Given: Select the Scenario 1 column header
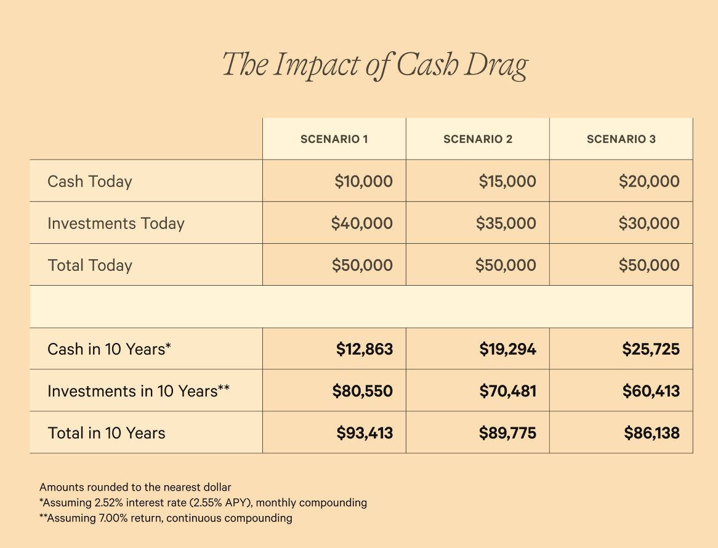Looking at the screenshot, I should (334, 139).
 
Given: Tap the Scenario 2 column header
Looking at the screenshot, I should (478, 139).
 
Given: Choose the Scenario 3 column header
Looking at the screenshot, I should (621, 139).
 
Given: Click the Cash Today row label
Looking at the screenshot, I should (90, 182).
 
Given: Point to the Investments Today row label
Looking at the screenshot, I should (116, 224).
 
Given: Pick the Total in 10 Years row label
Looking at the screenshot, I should (107, 433).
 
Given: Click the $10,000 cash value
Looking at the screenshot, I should (363, 182).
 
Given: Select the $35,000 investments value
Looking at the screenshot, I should (506, 224).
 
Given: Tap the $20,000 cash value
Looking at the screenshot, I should (649, 182).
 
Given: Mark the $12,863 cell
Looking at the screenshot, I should (364, 350).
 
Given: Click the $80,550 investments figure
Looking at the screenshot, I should (362, 392).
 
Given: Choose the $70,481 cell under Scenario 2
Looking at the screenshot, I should (507, 392).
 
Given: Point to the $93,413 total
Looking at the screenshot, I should (364, 433).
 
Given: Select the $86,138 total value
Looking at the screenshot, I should (651, 433).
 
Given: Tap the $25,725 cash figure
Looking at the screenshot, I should (651, 350).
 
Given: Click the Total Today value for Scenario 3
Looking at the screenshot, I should (649, 265).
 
